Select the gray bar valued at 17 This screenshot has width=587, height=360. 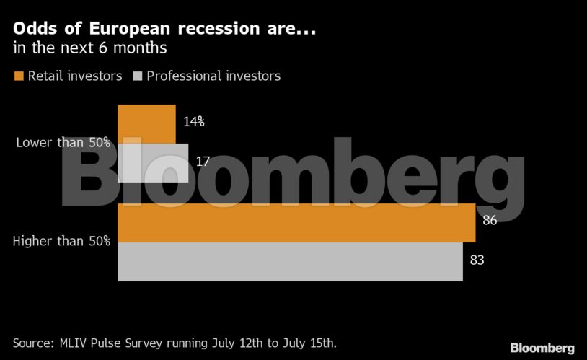(x=153, y=163)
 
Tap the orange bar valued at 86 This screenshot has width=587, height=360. (x=296, y=223)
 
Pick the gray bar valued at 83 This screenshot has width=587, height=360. (x=289, y=261)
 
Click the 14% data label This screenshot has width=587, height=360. (x=194, y=122)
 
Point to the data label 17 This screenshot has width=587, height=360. (x=203, y=162)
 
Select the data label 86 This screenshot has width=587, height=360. (x=490, y=221)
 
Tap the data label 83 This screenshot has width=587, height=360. (x=477, y=260)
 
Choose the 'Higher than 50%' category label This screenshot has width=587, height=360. (x=62, y=241)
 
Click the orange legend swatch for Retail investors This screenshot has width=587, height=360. (x=18, y=76)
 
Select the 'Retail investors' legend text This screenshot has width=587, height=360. (x=75, y=76)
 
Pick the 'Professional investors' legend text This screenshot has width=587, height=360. (x=213, y=76)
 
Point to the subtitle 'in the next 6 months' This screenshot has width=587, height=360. (x=90, y=50)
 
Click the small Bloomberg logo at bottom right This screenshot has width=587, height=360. (x=542, y=348)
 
